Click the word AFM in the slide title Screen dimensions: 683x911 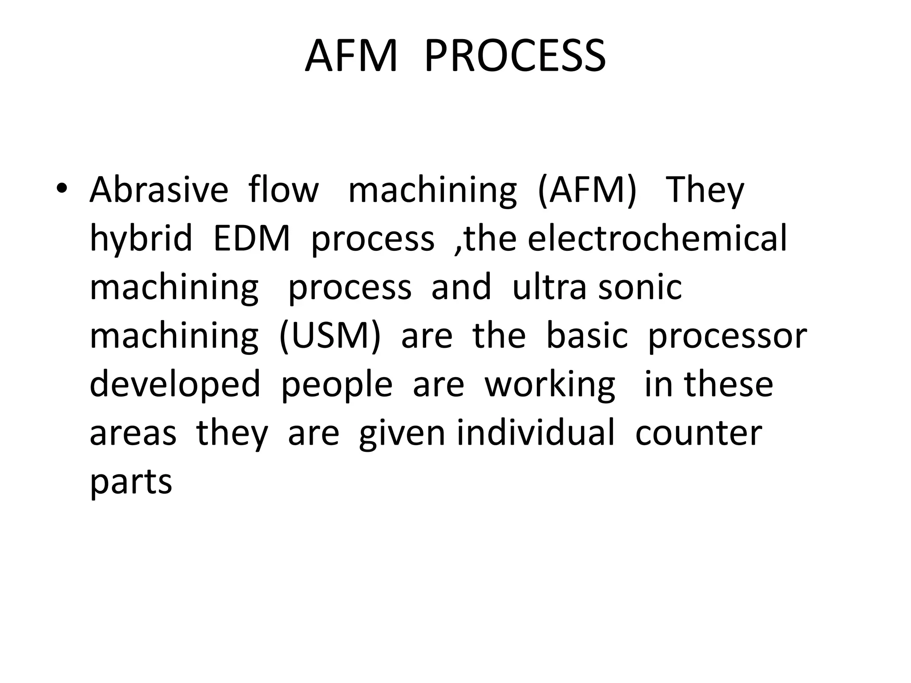(x=351, y=56)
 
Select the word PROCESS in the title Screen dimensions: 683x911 (x=515, y=56)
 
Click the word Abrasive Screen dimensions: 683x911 (x=159, y=190)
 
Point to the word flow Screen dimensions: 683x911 (x=283, y=190)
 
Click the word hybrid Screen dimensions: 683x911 (x=141, y=239)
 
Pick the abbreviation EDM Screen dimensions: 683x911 (x=251, y=239)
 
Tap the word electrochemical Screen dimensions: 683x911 (x=657, y=239)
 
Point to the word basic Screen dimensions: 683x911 (x=587, y=336)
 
